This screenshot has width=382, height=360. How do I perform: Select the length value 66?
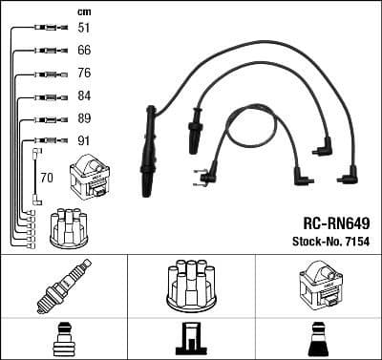(x=85, y=51)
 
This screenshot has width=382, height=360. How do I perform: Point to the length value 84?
(x=85, y=97)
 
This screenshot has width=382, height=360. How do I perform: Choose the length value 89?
(x=85, y=120)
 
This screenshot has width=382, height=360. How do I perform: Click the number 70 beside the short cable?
(x=47, y=178)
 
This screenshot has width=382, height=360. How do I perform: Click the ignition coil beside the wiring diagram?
(x=89, y=179)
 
